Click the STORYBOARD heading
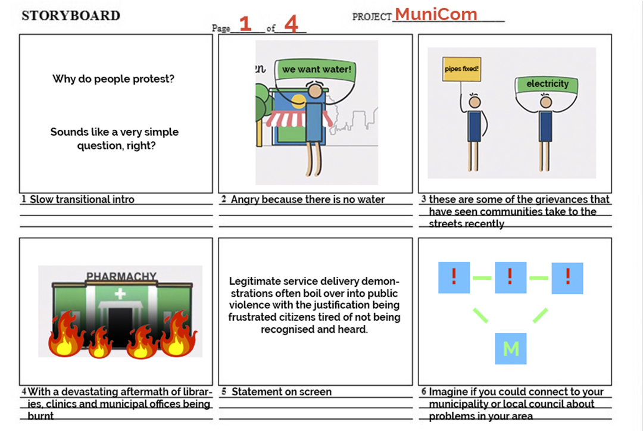pyautogui.click(x=71, y=16)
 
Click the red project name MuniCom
pyautogui.click(x=436, y=14)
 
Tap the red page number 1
pyautogui.click(x=245, y=24)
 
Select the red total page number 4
pyautogui.click(x=291, y=24)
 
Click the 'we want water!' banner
pyautogui.click(x=316, y=70)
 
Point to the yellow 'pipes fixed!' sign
pyautogui.click(x=461, y=68)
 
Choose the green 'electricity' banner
pyautogui.click(x=547, y=84)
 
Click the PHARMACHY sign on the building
pyautogui.click(x=121, y=277)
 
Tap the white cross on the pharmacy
pyautogui.click(x=120, y=293)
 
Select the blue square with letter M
pyautogui.click(x=511, y=349)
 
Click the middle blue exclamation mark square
pyautogui.click(x=510, y=277)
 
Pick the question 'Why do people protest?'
pyautogui.click(x=113, y=79)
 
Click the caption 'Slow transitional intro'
pyautogui.click(x=82, y=199)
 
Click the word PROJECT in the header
pyautogui.click(x=372, y=17)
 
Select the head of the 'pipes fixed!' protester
pyautogui.click(x=475, y=102)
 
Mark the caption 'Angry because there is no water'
pyautogui.click(x=308, y=199)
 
